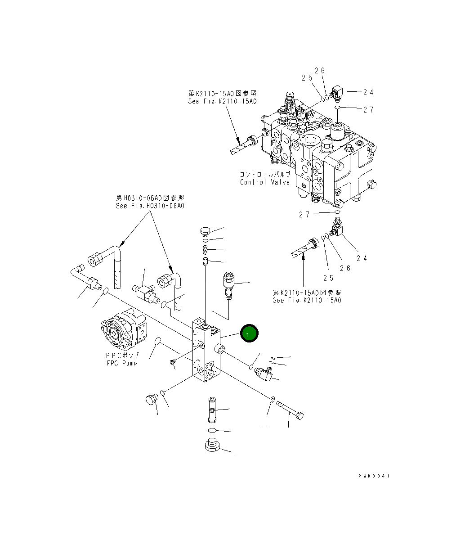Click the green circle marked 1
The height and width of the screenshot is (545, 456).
click(249, 334)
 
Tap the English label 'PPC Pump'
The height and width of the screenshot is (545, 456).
click(121, 363)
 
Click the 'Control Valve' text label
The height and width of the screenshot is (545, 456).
click(265, 182)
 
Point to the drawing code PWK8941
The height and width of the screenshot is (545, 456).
click(374, 476)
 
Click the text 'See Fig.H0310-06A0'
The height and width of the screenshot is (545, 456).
click(150, 206)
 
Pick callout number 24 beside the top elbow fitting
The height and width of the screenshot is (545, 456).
click(368, 92)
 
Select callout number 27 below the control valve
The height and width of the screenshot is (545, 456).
click(304, 215)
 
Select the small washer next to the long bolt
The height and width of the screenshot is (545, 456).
click(273, 399)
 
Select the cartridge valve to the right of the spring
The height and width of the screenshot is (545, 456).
click(228, 284)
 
